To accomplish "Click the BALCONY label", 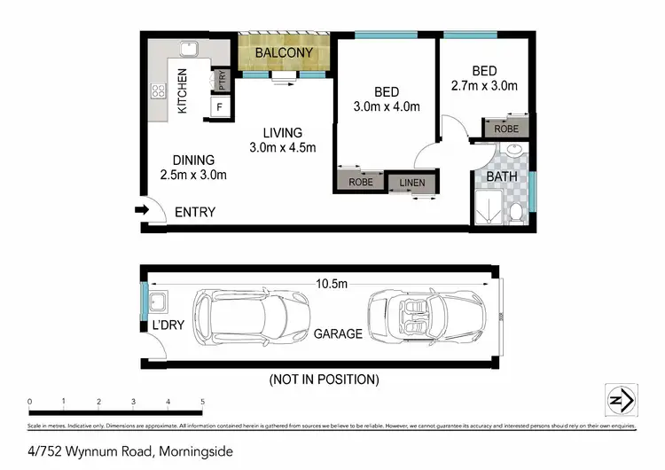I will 283,53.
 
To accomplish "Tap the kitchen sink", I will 189,50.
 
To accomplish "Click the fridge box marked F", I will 219,107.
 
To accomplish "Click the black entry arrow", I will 141,210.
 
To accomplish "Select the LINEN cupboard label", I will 412,183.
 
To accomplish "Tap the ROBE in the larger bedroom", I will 360,183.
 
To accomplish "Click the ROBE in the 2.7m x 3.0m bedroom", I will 506,128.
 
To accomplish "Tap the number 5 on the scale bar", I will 203,402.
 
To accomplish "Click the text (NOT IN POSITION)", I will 324,380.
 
